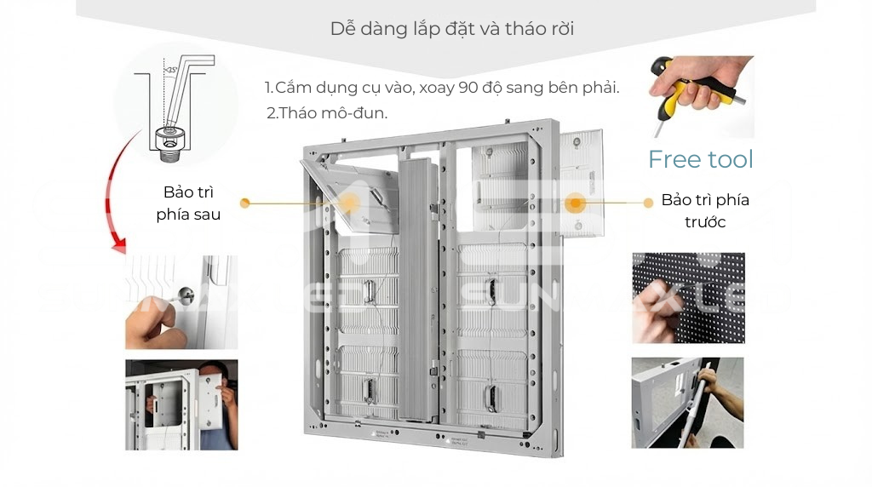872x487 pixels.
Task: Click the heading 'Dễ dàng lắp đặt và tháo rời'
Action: point(451,29)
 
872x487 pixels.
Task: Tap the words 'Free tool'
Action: point(701,159)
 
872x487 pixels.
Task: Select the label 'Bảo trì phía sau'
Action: point(188,203)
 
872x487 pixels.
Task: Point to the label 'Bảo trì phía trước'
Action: point(705,211)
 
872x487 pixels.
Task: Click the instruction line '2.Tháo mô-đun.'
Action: point(327,113)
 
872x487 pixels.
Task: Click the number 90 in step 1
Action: point(469,88)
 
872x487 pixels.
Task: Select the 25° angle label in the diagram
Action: point(170,69)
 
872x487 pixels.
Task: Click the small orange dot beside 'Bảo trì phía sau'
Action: point(244,203)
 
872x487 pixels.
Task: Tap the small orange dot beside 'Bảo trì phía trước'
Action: point(648,203)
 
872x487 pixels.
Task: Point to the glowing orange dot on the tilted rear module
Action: point(349,203)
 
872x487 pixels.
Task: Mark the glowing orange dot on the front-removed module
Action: point(576,203)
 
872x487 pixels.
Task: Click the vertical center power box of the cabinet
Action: point(418,289)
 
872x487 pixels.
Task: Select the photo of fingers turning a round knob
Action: point(181,302)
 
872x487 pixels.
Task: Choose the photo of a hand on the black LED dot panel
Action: point(688,298)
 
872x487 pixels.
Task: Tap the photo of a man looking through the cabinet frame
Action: point(181,404)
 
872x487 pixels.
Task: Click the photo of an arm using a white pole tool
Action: point(687,403)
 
